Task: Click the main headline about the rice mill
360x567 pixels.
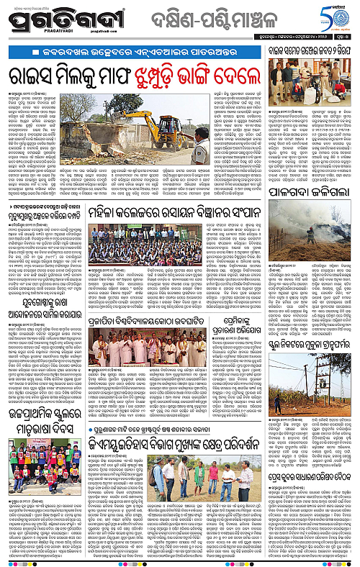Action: [x=134, y=76]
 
